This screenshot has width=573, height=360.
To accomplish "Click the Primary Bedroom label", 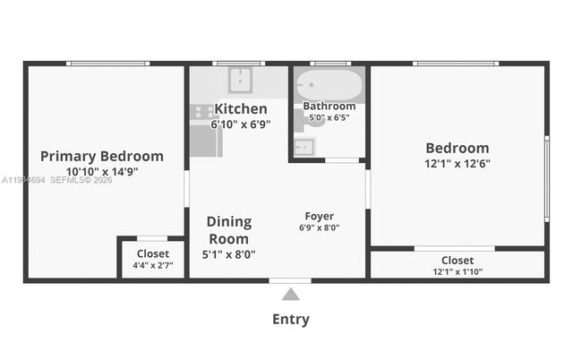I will tap(102, 156).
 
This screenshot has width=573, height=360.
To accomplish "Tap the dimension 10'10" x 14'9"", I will tap(102, 171).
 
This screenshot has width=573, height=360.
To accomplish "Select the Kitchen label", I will tap(241, 108).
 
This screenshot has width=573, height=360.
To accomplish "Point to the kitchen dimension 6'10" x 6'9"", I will tap(241, 124).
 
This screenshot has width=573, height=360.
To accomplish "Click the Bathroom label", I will tap(329, 106).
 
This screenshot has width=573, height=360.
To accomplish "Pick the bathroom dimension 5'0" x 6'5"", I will tap(329, 117).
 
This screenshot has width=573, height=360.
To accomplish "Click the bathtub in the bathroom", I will tap(329, 86).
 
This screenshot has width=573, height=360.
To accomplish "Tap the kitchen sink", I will tap(239, 81).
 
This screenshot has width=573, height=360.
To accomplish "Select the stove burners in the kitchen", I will tap(201, 111).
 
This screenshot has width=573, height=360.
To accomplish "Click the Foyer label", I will tap(320, 216).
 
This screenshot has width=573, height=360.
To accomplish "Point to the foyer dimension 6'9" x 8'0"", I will tap(320, 227).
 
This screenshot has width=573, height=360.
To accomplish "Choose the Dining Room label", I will tap(229, 230).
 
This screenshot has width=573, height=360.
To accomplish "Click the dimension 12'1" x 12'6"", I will tap(458, 164).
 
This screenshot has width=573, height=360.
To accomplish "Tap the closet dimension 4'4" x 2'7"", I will tap(152, 265).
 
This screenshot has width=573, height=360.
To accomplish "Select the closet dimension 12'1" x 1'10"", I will tap(458, 271).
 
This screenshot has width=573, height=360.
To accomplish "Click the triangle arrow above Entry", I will tap(290, 295).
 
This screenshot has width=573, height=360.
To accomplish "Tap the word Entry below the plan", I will tap(290, 319).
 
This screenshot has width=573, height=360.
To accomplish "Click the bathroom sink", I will tap(304, 145).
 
